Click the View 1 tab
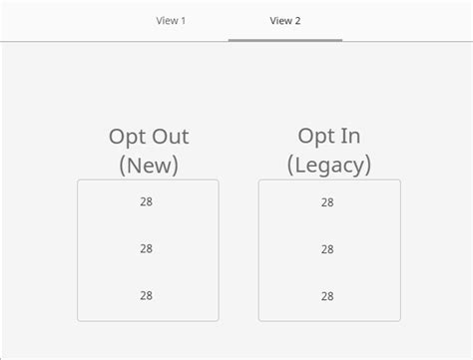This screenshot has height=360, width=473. pyautogui.click(x=171, y=20)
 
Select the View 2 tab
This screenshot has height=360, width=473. pyautogui.click(x=284, y=20)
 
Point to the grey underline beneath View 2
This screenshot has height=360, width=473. pyautogui.click(x=284, y=39)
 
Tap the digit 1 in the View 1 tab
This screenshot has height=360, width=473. pyautogui.click(x=183, y=20)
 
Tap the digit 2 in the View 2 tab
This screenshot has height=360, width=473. pyautogui.click(x=297, y=20)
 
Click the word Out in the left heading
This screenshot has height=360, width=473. pyautogui.click(x=169, y=138)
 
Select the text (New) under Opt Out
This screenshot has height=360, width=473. pyautogui.click(x=148, y=165)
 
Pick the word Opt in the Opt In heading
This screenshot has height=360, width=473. pyautogui.click(x=318, y=137)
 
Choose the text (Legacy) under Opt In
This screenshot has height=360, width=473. pyautogui.click(x=328, y=165)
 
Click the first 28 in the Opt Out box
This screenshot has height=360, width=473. pyautogui.click(x=147, y=201)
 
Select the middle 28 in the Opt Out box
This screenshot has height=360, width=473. pyautogui.click(x=147, y=248)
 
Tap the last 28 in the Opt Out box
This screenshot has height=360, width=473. pyautogui.click(x=147, y=295)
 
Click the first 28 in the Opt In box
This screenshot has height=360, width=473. pyautogui.click(x=327, y=201)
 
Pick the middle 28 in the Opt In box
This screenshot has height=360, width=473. pyautogui.click(x=327, y=248)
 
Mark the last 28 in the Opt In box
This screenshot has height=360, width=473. pyautogui.click(x=327, y=295)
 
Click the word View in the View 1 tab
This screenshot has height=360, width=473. pyautogui.click(x=166, y=20)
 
